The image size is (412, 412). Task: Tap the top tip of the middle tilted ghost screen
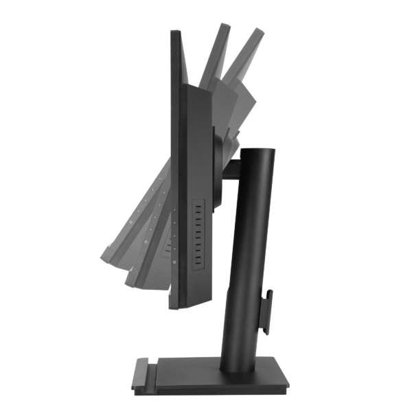tap(222, 26)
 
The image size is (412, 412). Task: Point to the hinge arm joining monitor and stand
tap(230, 168)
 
